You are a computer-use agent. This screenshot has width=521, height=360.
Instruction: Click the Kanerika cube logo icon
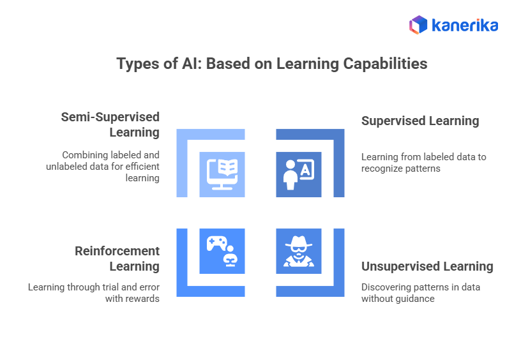(x=418, y=25)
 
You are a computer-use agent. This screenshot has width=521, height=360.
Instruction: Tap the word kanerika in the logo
(x=465, y=26)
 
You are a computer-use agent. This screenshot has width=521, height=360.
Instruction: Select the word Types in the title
(x=136, y=64)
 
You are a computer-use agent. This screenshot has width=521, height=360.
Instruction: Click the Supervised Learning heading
(x=419, y=121)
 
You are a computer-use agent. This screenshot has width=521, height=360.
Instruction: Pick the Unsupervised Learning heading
(x=427, y=266)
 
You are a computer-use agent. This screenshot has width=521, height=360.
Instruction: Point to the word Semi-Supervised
(x=110, y=117)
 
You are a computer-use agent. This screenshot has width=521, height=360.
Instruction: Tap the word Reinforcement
(x=117, y=251)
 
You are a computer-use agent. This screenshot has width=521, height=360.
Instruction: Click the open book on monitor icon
(x=222, y=174)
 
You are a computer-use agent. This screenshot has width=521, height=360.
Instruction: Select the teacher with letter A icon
(x=299, y=174)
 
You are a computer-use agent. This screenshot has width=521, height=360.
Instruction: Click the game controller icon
(x=217, y=243)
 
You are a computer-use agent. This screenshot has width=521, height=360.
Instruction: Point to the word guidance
(x=417, y=298)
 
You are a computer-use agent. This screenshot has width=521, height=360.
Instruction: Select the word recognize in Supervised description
(x=382, y=168)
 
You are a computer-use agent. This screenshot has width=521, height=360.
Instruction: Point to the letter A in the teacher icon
(x=305, y=169)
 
